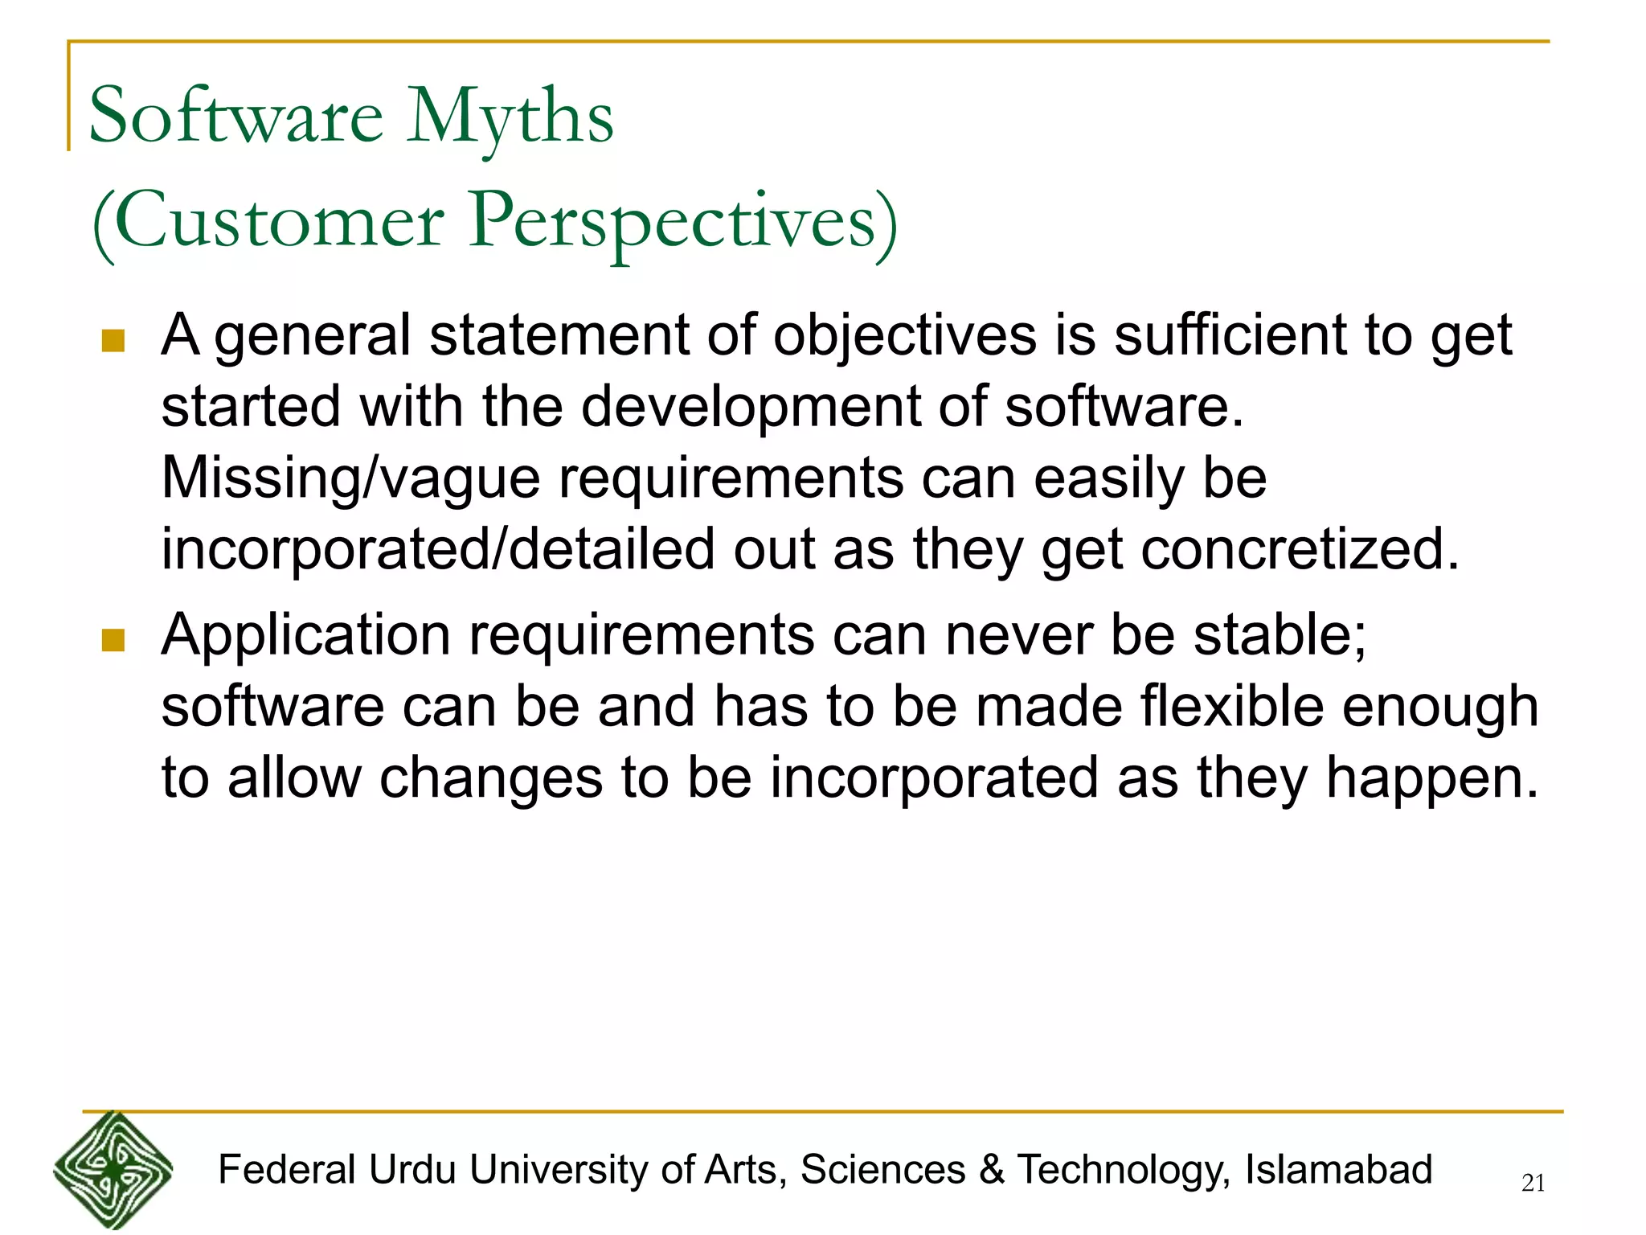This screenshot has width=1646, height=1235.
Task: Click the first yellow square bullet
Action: click(113, 341)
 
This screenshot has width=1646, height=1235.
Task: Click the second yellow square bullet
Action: click(113, 641)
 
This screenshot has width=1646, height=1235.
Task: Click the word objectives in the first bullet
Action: click(904, 336)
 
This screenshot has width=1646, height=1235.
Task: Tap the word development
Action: click(750, 407)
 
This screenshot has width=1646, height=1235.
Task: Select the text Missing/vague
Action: click(350, 478)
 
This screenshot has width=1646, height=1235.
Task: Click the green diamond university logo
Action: click(113, 1170)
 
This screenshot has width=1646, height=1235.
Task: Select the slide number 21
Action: click(1533, 1183)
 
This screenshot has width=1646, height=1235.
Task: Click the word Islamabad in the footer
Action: click(1338, 1169)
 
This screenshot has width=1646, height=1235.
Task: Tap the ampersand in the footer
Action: click(992, 1169)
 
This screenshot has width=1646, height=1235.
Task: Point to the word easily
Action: click(1108, 478)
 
